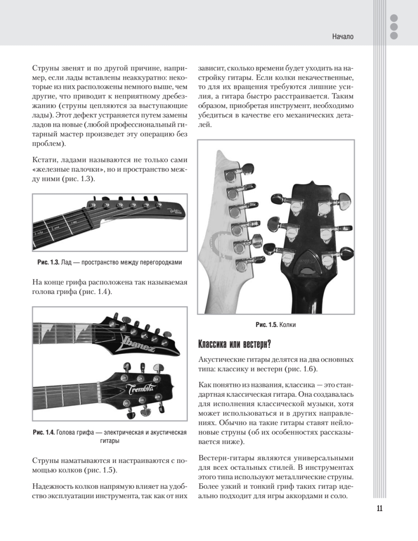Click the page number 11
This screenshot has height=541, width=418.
[379, 508]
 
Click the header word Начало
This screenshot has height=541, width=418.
[343, 37]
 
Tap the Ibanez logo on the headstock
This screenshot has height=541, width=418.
[138, 344]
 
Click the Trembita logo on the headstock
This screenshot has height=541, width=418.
[141, 390]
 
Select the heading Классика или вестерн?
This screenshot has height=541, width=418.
[234, 344]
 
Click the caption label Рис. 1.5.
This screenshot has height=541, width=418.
[266, 325]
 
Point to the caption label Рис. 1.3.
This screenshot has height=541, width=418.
[48, 262]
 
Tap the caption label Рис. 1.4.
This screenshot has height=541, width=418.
[44, 432]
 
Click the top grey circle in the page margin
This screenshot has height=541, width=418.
[394, 18]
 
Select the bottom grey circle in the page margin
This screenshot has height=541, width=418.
[394, 35]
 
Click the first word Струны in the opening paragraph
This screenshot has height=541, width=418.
[44, 69]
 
